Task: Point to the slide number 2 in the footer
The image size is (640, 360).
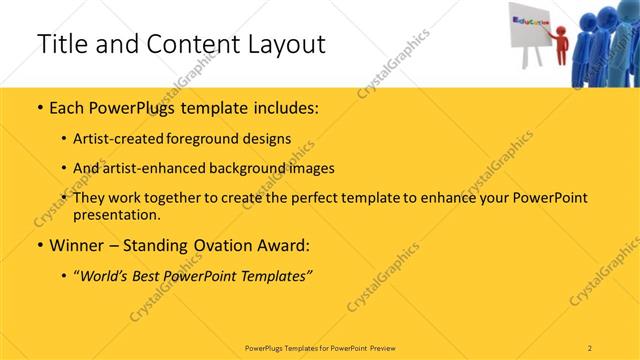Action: click(590, 347)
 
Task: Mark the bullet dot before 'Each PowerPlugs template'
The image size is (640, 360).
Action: click(39, 106)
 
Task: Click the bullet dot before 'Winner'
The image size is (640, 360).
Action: click(39, 244)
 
